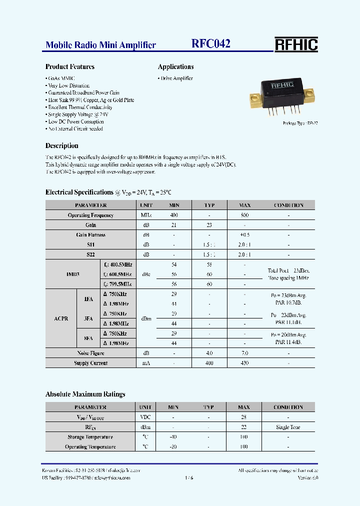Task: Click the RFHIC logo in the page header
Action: point(296,44)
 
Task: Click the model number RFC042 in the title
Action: point(211,44)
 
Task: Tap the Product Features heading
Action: point(70,66)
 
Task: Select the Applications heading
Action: point(176,66)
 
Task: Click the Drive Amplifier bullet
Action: point(175,78)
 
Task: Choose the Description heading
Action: point(62,146)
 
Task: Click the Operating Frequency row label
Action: point(90,215)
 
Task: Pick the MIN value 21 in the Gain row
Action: point(174,225)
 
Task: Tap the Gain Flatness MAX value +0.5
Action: point(244,234)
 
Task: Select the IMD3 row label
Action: point(73,274)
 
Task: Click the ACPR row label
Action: point(61,318)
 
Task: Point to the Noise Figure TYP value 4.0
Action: point(209,353)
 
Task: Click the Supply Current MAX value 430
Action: point(244,363)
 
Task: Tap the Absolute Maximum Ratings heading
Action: point(85,394)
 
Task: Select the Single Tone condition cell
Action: point(288,427)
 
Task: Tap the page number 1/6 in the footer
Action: point(188,478)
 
